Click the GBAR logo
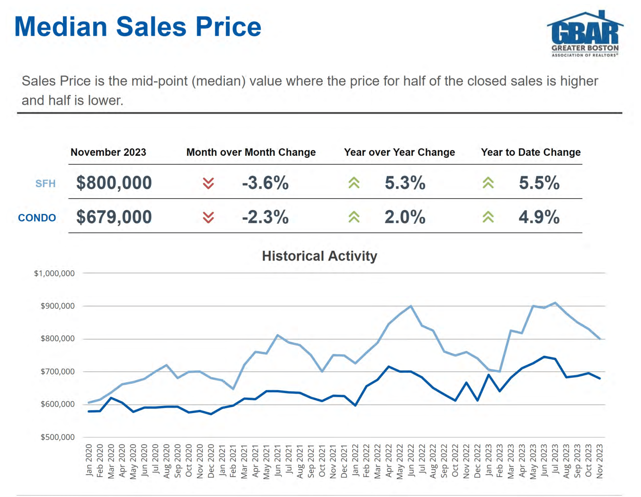click(585, 34)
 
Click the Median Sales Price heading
click(138, 27)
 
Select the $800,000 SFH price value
click(114, 183)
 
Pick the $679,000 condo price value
click(114, 217)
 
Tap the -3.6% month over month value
click(265, 183)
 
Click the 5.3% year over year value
click(405, 183)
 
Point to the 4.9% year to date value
click(539, 217)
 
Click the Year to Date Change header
click(531, 153)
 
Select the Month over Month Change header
click(251, 153)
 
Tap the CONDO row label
click(37, 218)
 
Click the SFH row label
click(45, 184)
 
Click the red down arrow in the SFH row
click(208, 183)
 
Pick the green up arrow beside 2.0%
click(354, 217)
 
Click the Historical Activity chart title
click(320, 256)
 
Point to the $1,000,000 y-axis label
click(54, 273)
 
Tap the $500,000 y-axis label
click(57, 437)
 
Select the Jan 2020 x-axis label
click(89, 460)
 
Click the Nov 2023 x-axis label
click(600, 461)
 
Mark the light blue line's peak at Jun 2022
click(410, 306)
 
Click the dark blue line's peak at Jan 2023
click(489, 375)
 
